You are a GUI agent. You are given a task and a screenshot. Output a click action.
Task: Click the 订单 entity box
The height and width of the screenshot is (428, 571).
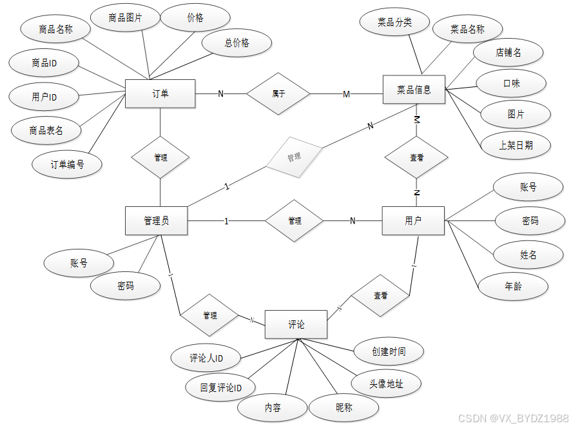tap(160, 94)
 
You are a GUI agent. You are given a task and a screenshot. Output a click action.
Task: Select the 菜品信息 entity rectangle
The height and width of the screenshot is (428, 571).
tap(414, 89)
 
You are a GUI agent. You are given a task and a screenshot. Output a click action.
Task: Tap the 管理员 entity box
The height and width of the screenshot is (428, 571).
tap(156, 221)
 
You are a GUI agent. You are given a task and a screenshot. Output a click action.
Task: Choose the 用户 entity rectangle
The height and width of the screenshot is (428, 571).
tap(413, 221)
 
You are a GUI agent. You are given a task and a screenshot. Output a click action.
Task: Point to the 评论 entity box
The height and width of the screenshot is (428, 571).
tap(296, 324)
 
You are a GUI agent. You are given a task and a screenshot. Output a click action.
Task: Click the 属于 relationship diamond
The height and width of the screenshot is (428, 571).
tap(278, 94)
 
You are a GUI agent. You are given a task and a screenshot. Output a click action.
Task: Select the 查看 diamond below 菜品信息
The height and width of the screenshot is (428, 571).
tap(416, 157)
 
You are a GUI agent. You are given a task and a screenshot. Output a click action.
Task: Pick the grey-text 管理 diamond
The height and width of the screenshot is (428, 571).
tap(293, 157)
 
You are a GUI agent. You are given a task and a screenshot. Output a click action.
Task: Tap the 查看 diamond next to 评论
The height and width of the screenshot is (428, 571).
tap(380, 296)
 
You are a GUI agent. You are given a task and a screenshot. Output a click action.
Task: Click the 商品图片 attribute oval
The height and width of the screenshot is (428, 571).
tap(125, 19)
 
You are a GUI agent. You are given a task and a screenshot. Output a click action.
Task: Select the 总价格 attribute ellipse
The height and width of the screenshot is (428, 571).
tap(237, 43)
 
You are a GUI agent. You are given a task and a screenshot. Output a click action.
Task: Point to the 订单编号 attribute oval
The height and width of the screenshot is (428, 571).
tap(67, 164)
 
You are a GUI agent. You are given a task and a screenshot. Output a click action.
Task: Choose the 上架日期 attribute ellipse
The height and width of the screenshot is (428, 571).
tap(516, 146)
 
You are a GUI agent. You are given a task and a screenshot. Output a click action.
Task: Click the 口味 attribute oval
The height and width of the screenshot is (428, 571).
tap(511, 84)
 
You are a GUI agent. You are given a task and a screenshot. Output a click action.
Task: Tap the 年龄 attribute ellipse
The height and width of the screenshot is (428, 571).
tap(513, 286)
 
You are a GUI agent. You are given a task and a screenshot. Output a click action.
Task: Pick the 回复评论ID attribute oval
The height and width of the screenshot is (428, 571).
tap(220, 388)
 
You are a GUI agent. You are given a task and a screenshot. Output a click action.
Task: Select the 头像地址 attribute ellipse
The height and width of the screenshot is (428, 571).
tap(386, 384)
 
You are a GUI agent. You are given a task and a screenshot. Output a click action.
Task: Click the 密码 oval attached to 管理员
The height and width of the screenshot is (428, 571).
tap(126, 286)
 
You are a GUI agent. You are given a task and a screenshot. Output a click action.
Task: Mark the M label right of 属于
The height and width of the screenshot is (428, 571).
tap(346, 95)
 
